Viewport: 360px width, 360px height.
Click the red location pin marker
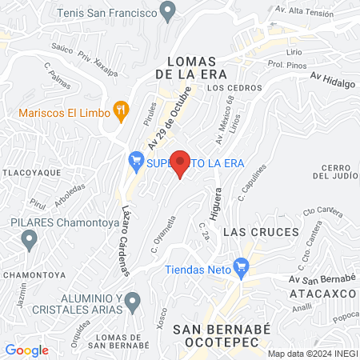181,163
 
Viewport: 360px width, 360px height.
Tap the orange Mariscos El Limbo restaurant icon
122,110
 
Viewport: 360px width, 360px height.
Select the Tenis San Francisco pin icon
167,11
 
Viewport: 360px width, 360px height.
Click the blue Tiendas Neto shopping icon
240,268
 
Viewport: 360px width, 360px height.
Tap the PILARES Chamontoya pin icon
30,238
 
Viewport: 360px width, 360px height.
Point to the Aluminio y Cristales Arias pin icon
133,301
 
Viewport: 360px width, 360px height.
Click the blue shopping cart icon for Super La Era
136,161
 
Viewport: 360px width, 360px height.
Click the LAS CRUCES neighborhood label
250,232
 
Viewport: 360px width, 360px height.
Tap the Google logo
27,350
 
